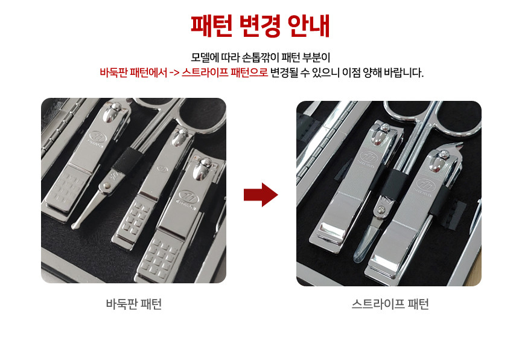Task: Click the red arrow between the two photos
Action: pos(261,194)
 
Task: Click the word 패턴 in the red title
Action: pos(211,25)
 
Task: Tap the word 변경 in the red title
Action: pos(260,25)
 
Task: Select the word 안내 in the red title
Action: pos(308,25)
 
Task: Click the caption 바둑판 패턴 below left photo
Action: pos(134,304)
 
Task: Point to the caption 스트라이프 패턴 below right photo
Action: pos(390,304)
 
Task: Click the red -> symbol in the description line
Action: pos(174,72)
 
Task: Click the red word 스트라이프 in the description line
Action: pos(205,72)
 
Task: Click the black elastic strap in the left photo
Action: pos(125,160)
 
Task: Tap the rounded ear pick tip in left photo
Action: pos(76,225)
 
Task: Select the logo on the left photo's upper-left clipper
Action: pos(97,137)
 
